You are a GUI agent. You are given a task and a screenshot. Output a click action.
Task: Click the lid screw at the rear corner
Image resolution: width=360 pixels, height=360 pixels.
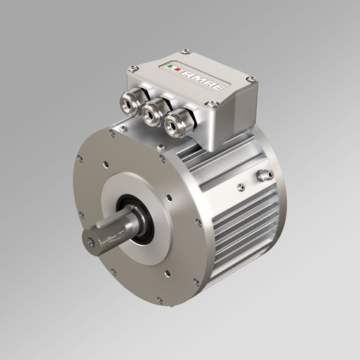[x=185, y=51]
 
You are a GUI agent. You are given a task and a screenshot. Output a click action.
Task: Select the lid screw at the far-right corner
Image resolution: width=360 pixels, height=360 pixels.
[x=251, y=78]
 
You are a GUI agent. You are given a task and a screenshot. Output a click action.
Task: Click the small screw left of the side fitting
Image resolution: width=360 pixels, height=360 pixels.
[x=241, y=188]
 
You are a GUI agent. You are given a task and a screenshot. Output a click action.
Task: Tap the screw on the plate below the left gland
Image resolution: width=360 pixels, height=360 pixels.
[x=125, y=129]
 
